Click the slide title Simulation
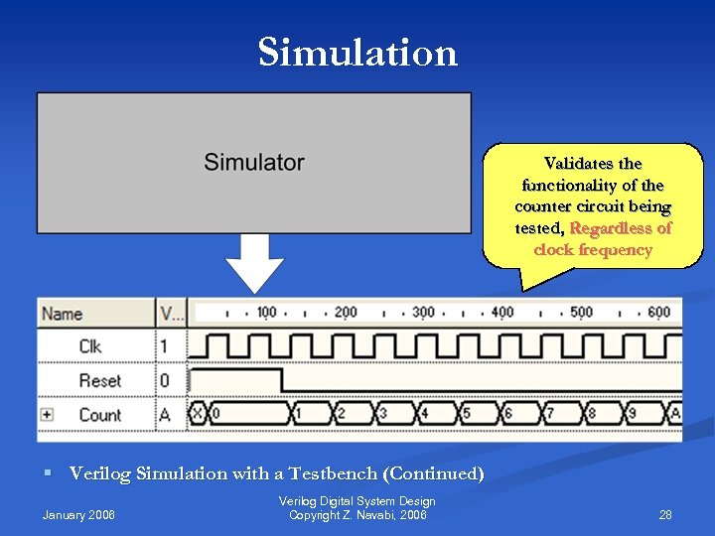[357, 52]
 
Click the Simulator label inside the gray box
[254, 162]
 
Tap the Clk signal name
[90, 346]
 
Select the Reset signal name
[99, 380]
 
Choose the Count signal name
[99, 415]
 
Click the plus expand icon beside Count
[47, 415]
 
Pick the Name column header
[62, 314]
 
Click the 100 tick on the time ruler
[266, 313]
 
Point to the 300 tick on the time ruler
[423, 313]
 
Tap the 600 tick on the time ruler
[658, 313]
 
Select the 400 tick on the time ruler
[502, 313]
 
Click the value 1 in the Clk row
[165, 346]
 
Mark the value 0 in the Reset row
[165, 380]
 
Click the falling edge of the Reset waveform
[282, 380]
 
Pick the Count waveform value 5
[466, 414]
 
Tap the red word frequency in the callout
[615, 250]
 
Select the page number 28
[665, 514]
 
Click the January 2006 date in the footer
[78, 514]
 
